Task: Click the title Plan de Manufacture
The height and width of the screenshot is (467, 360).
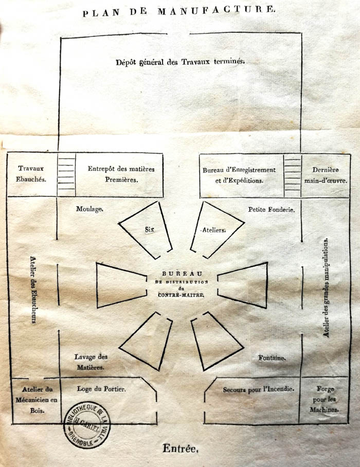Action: [x=179, y=11]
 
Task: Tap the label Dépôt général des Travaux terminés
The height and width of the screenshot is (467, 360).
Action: [x=181, y=62]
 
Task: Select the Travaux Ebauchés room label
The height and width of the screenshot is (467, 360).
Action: [x=31, y=174]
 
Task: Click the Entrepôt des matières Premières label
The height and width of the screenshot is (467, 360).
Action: [x=121, y=174]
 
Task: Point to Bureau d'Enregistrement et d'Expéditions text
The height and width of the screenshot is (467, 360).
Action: [x=239, y=175]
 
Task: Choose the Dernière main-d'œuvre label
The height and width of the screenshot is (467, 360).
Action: [x=326, y=175]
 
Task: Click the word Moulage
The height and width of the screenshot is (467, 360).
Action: [x=89, y=209]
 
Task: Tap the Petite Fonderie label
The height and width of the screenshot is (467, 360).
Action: [x=272, y=210]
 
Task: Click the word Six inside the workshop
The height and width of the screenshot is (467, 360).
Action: [x=150, y=229]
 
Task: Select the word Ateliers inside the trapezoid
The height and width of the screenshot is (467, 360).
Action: [x=214, y=230]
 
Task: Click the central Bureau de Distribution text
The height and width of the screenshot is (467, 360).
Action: [x=181, y=284]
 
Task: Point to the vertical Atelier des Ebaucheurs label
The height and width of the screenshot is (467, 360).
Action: [x=33, y=290]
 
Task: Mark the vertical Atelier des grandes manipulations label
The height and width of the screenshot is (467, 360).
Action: [x=326, y=288]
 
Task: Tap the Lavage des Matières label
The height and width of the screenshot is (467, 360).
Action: [x=91, y=362]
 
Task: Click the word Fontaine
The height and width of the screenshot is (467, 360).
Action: [x=272, y=357]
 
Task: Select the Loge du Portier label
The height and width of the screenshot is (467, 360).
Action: [x=101, y=389]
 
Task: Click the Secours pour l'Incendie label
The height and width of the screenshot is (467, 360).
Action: [x=259, y=389]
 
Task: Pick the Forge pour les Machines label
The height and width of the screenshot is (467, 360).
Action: [x=325, y=399]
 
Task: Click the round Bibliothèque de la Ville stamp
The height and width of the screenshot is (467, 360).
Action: [x=87, y=425]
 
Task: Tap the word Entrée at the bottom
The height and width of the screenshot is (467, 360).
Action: [x=181, y=448]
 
